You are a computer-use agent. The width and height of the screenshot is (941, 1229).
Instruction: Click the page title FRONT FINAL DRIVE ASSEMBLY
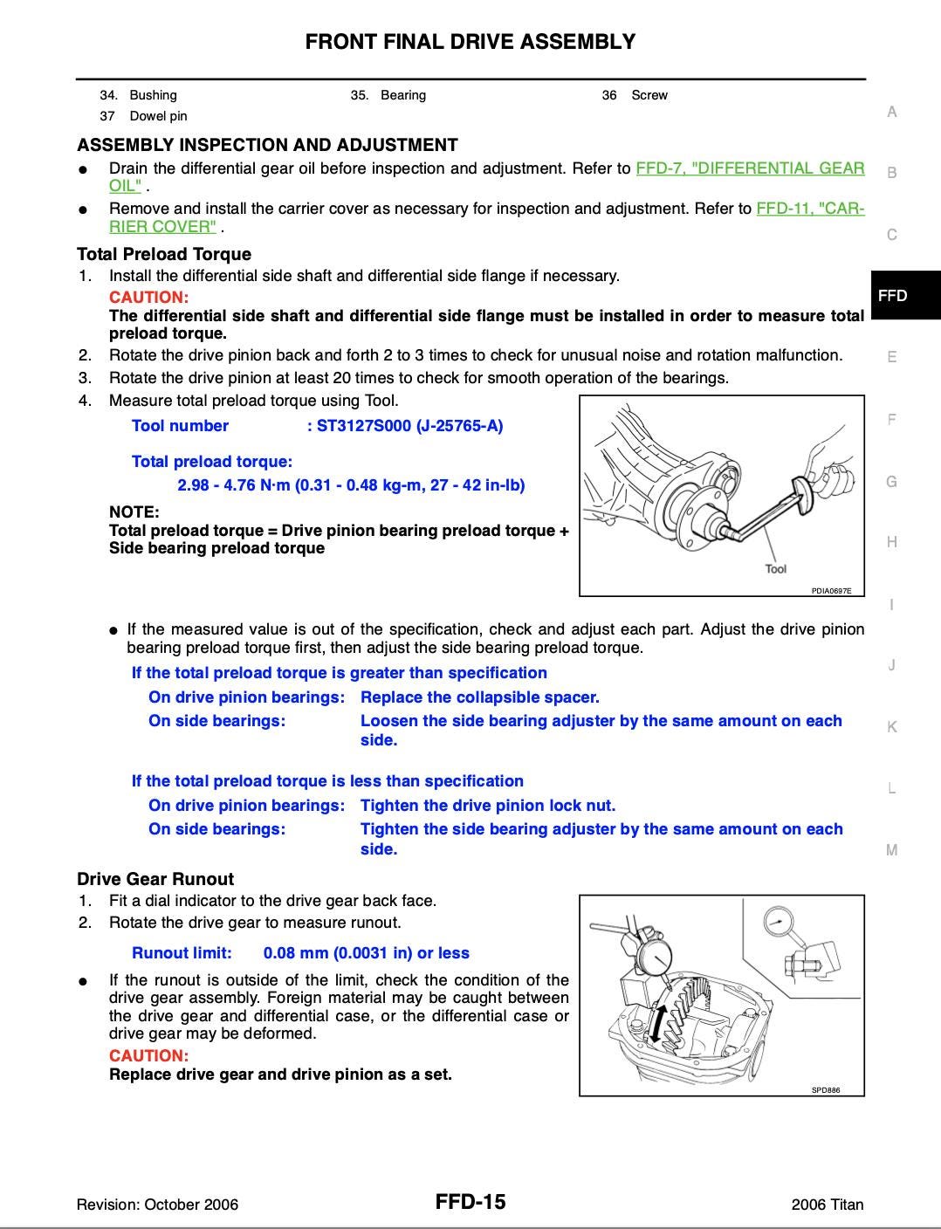(x=470, y=41)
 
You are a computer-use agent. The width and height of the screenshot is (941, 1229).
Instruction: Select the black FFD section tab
(x=893, y=295)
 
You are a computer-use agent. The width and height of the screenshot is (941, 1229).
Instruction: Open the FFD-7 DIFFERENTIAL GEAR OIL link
(x=750, y=168)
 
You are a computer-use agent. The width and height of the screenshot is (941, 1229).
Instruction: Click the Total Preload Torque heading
(x=164, y=254)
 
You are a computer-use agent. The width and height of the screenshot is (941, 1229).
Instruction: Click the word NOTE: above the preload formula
(x=134, y=512)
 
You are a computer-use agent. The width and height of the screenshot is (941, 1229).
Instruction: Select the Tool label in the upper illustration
(x=775, y=569)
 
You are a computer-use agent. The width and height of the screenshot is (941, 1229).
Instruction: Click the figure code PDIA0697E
(x=831, y=591)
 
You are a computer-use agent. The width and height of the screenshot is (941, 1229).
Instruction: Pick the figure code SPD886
(x=825, y=1090)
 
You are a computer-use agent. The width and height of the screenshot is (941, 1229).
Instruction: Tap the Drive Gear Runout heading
(x=155, y=879)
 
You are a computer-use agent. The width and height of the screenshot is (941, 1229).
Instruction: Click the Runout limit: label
(x=182, y=953)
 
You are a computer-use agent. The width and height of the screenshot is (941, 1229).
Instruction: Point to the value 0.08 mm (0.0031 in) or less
(x=366, y=953)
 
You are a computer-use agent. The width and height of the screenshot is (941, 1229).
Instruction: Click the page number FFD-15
(x=470, y=1202)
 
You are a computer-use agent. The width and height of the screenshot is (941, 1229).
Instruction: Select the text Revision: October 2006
(x=157, y=1205)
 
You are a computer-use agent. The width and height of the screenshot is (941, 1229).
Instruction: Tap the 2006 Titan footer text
(x=827, y=1205)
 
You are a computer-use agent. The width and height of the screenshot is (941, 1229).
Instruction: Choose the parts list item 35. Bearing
(x=388, y=95)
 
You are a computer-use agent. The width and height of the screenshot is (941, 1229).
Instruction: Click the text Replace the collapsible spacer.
(x=479, y=697)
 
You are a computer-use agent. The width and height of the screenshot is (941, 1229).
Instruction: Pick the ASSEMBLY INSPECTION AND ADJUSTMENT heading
(x=267, y=145)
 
